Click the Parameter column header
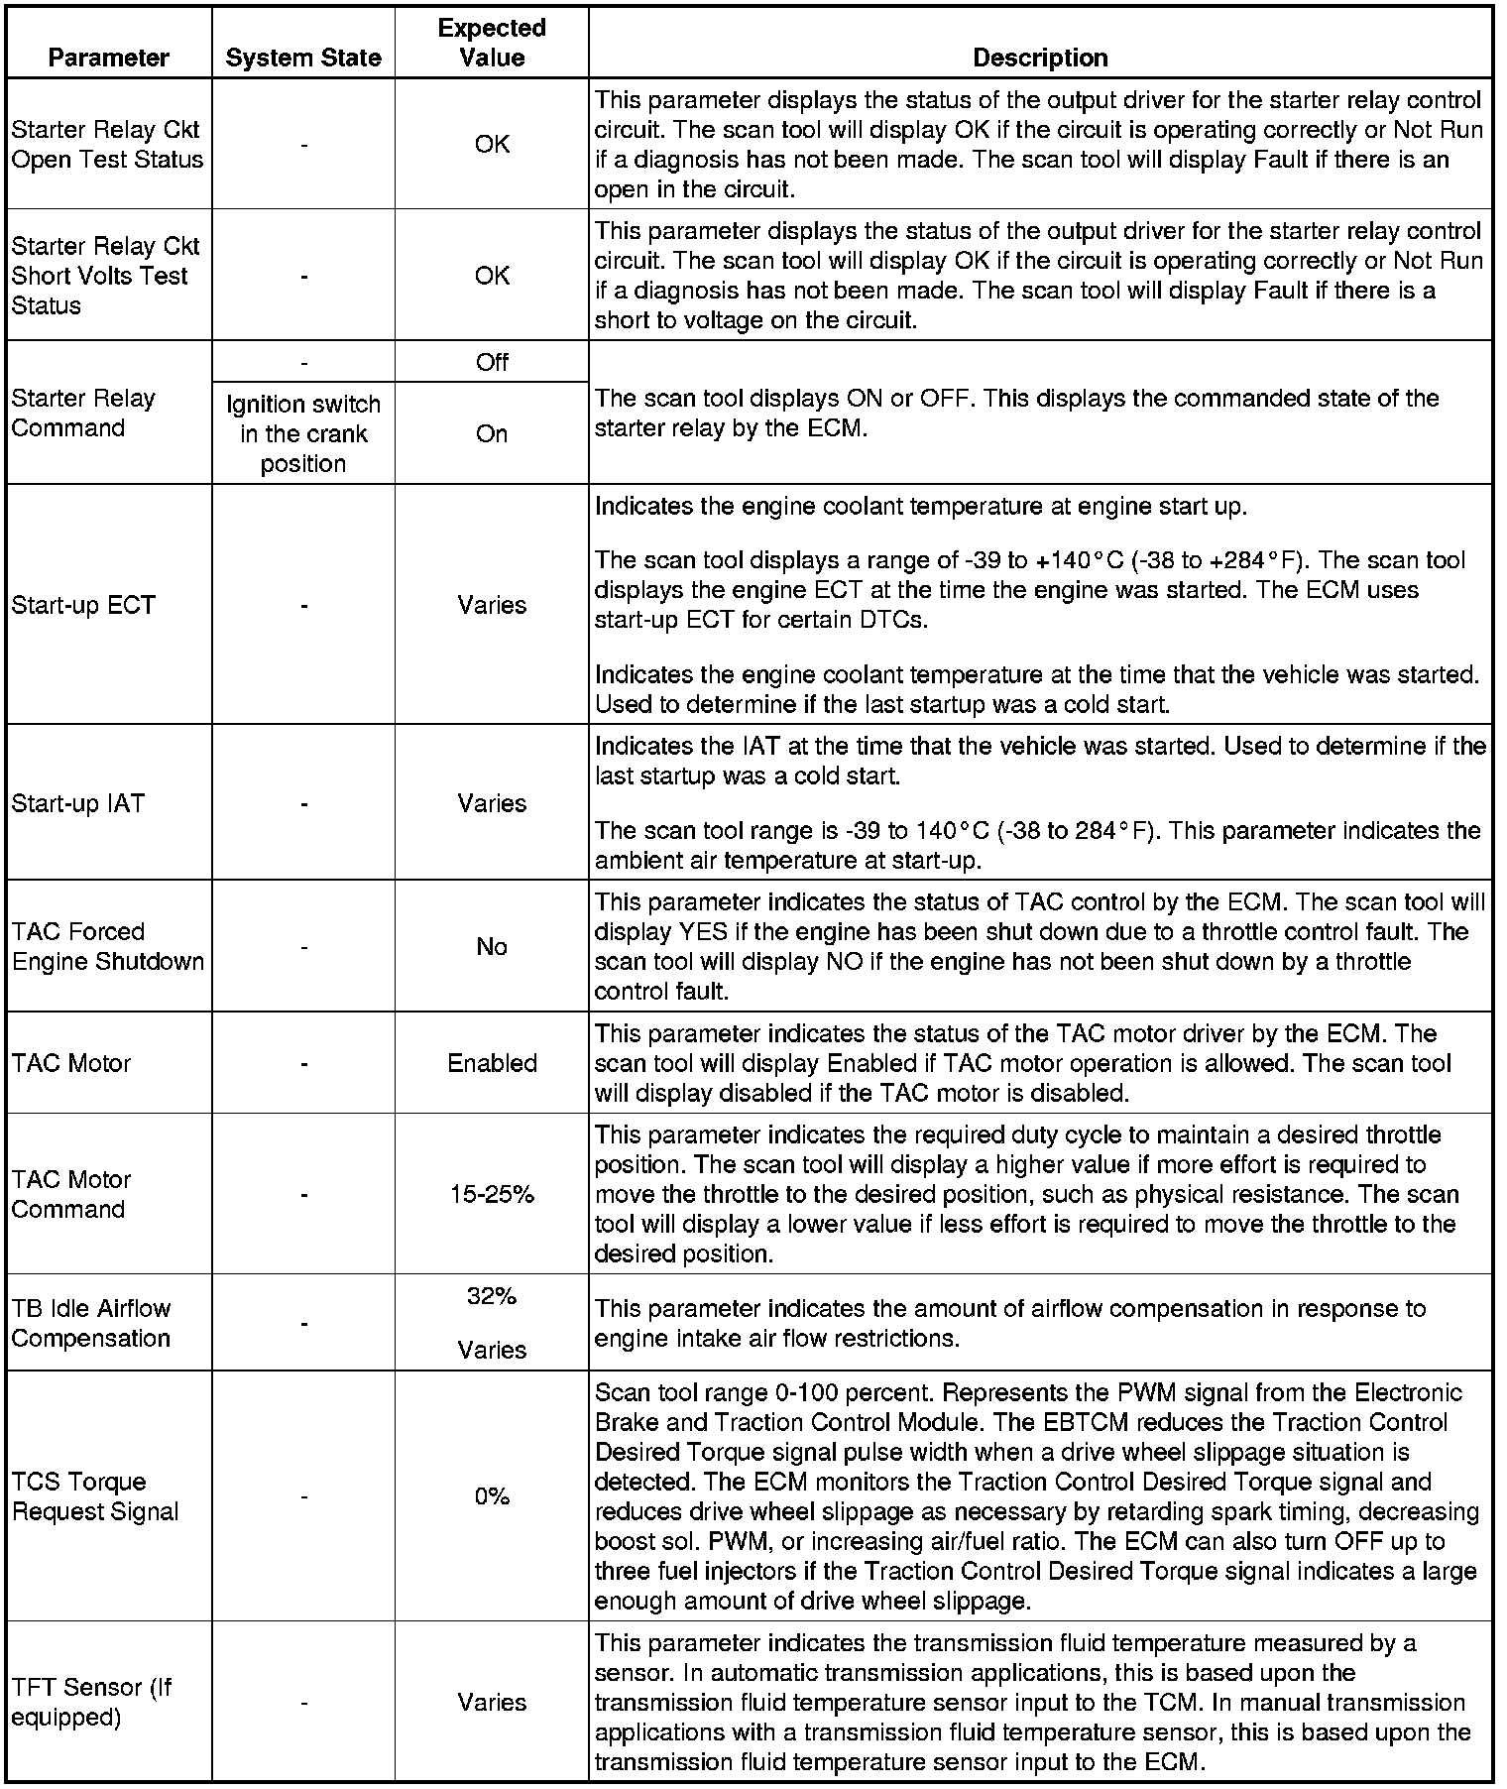(x=108, y=58)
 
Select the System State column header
(x=303, y=58)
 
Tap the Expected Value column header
(x=492, y=43)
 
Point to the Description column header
(x=1040, y=58)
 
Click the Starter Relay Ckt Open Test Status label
(x=107, y=145)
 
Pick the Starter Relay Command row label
(x=84, y=413)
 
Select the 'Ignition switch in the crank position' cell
(x=303, y=433)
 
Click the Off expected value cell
(x=492, y=362)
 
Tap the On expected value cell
(x=492, y=433)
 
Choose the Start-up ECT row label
(x=84, y=605)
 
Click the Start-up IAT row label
(x=78, y=803)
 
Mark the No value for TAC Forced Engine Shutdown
(x=492, y=946)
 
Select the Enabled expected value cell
(x=492, y=1063)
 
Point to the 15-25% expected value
(x=492, y=1194)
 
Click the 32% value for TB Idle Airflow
(x=492, y=1296)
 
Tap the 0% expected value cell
(x=492, y=1496)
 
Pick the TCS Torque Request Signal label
(x=95, y=1496)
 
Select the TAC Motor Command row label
(x=71, y=1194)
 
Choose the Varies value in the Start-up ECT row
(x=492, y=605)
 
